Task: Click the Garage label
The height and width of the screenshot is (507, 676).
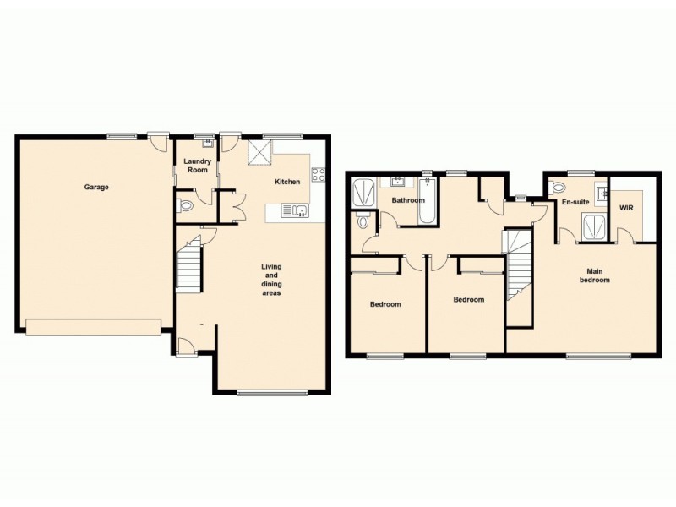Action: (95, 187)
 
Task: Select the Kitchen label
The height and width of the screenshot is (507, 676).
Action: (286, 182)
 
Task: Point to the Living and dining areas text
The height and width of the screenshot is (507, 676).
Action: (270, 280)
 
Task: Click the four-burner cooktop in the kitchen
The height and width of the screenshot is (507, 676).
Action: (319, 176)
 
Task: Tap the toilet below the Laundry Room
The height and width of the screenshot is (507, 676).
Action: (183, 204)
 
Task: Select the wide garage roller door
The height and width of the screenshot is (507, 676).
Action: (93, 327)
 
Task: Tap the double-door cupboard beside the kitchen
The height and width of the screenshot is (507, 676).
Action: (230, 205)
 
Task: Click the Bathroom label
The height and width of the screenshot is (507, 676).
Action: (407, 200)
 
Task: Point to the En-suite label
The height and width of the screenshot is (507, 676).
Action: (575, 203)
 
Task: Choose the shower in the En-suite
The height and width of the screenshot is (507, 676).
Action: (594, 225)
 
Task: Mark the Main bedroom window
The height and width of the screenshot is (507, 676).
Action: (598, 356)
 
